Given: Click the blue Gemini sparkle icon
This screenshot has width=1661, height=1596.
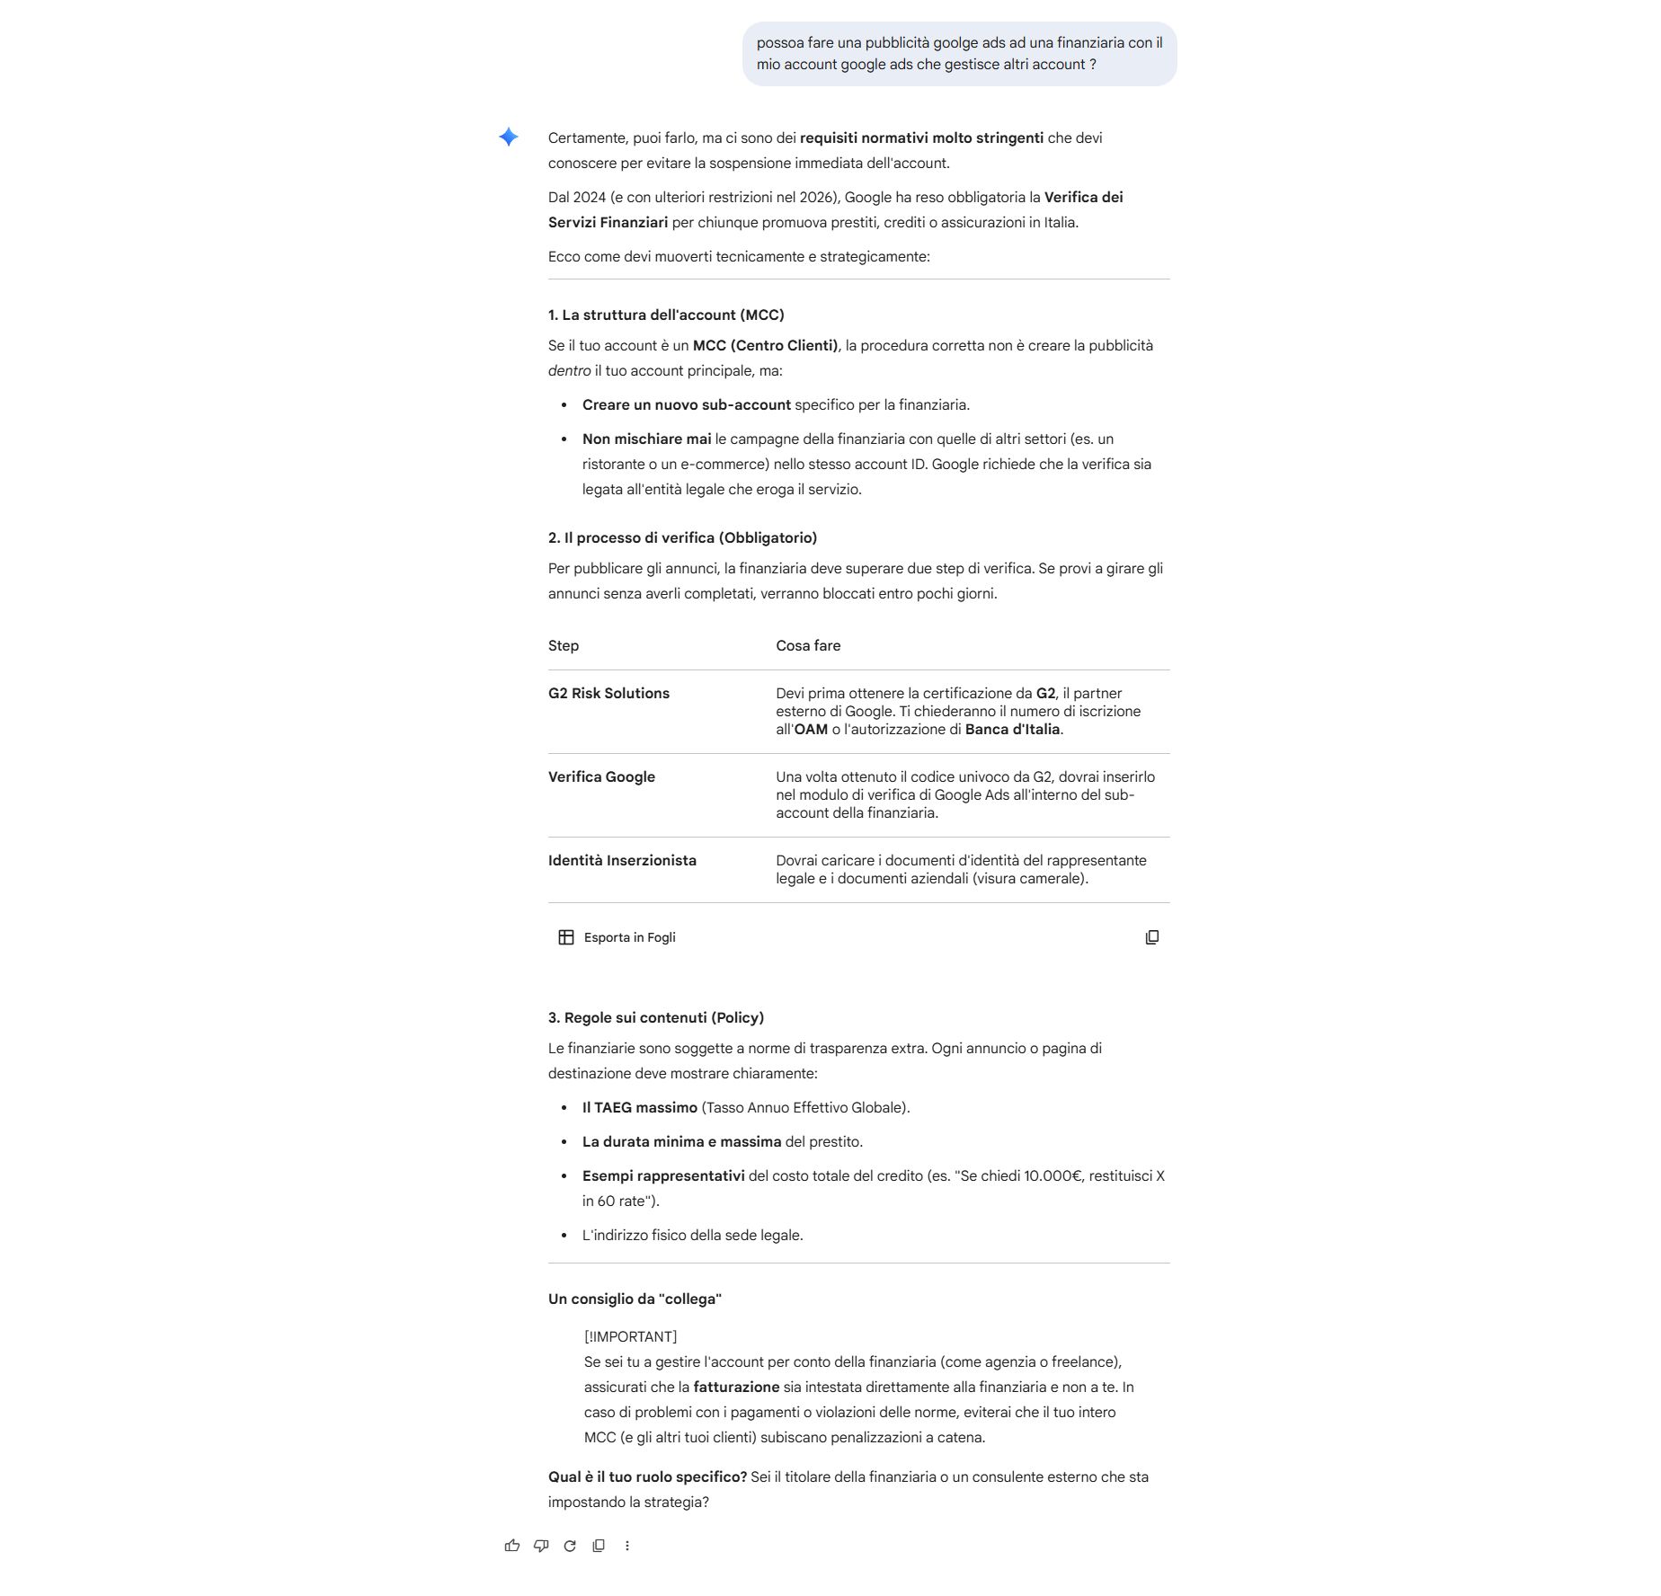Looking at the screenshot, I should point(509,137).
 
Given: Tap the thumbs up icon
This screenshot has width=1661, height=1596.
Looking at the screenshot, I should point(512,1546).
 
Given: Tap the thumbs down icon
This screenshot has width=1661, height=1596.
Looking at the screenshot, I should point(541,1546).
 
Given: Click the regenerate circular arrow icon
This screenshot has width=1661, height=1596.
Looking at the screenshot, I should point(570,1546).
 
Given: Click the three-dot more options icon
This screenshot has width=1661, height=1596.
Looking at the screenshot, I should point(627,1546).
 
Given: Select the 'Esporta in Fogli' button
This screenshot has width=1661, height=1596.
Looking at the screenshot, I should point(617,937).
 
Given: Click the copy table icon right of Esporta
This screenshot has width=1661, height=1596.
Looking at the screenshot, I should point(1152,937).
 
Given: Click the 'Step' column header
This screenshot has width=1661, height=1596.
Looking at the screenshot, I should point(564,645).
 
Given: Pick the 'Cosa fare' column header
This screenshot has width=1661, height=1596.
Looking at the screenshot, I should point(808,645).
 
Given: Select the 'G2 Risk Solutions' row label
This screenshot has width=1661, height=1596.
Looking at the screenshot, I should point(608,693).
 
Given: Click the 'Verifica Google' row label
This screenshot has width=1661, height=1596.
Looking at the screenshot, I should point(601,776).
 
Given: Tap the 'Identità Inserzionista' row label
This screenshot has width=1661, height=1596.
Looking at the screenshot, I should point(622,860).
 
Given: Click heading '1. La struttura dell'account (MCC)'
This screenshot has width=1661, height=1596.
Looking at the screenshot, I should point(666,315).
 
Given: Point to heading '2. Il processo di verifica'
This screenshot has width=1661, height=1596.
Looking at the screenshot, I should point(682,537).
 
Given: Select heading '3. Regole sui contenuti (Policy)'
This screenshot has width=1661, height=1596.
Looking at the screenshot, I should point(656,1017).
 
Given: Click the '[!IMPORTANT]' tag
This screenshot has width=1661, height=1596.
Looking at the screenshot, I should point(630,1336).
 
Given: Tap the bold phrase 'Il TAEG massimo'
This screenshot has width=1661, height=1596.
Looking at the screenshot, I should point(639,1107).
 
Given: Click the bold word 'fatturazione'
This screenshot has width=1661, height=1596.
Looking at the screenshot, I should point(736,1387).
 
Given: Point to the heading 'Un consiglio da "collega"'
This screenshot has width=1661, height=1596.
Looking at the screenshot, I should point(635,1299).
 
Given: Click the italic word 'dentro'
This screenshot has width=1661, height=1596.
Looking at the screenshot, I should point(569,370).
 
